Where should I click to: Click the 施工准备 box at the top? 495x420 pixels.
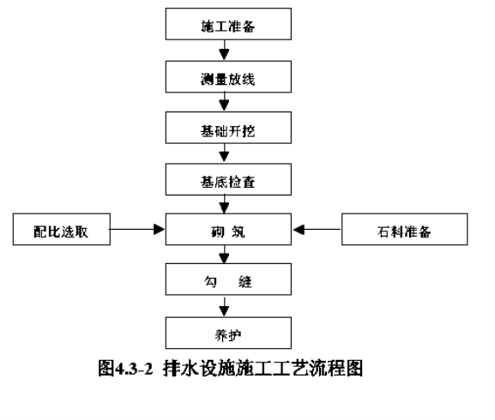tap(228, 24)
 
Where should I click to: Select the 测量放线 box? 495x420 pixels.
tap(228, 77)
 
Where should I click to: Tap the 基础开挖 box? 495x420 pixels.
tap(228, 128)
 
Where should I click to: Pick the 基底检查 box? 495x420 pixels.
tap(228, 179)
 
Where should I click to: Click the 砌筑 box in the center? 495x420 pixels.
tap(228, 229)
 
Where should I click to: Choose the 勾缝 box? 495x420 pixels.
tap(228, 279)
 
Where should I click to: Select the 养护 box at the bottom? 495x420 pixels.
tap(228, 333)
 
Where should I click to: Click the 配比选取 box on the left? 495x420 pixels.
tap(62, 229)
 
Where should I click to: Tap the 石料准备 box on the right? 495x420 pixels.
tap(404, 229)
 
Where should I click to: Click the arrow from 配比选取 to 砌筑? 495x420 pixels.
tap(137, 229)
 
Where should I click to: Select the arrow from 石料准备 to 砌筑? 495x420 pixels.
tap(317, 229)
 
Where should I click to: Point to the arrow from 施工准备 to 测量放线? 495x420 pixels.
tap(224, 50)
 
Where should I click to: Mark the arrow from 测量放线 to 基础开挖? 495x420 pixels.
tap(224, 101)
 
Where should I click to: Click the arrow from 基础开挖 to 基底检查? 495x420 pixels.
tap(224, 153)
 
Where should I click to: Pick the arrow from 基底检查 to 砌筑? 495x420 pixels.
tap(224, 204)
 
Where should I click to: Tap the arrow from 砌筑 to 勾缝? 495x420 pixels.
tap(224, 255)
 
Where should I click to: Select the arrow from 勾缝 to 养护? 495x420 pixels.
tap(224, 307)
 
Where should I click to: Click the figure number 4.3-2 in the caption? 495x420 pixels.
tap(135, 369)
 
